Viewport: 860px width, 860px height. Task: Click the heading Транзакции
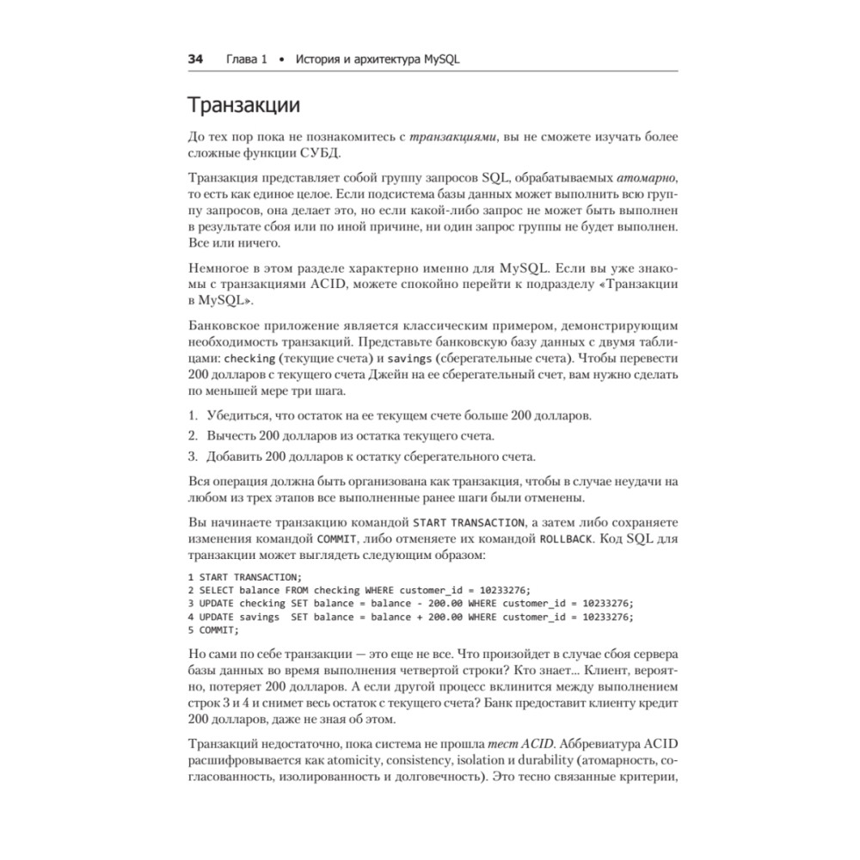(x=243, y=106)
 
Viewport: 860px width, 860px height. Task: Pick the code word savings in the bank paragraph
(x=408, y=359)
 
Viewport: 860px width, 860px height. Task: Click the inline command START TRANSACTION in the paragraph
(x=469, y=522)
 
